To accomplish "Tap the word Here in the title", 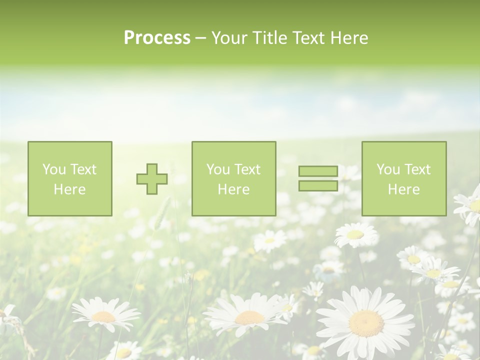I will tap(348, 38).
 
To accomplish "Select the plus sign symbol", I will tap(152, 179).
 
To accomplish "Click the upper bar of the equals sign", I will tap(318, 171).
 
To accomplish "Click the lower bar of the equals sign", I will tap(318, 185).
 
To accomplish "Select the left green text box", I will tap(70, 179).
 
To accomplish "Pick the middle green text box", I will tap(234, 179).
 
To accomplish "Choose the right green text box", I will tap(404, 179).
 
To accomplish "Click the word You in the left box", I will tap(53, 169).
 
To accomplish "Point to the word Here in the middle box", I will tap(234, 189).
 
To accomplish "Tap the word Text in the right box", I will tap(416, 169).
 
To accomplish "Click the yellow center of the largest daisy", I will tap(366, 323).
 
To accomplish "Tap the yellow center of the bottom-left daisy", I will tap(103, 316).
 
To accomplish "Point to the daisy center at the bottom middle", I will tap(249, 317).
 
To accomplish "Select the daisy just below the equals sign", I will tap(355, 234).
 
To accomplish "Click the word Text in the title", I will tap(309, 38).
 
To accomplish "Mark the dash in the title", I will tap(200, 38).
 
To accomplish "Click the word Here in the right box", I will tap(404, 189).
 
